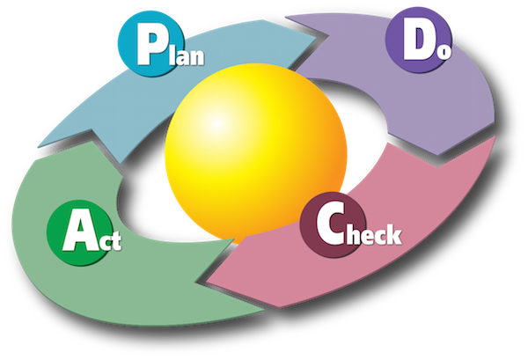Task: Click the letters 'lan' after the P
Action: click(188, 55)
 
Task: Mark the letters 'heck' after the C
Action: click(371, 234)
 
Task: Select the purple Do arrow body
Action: click(475, 97)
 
